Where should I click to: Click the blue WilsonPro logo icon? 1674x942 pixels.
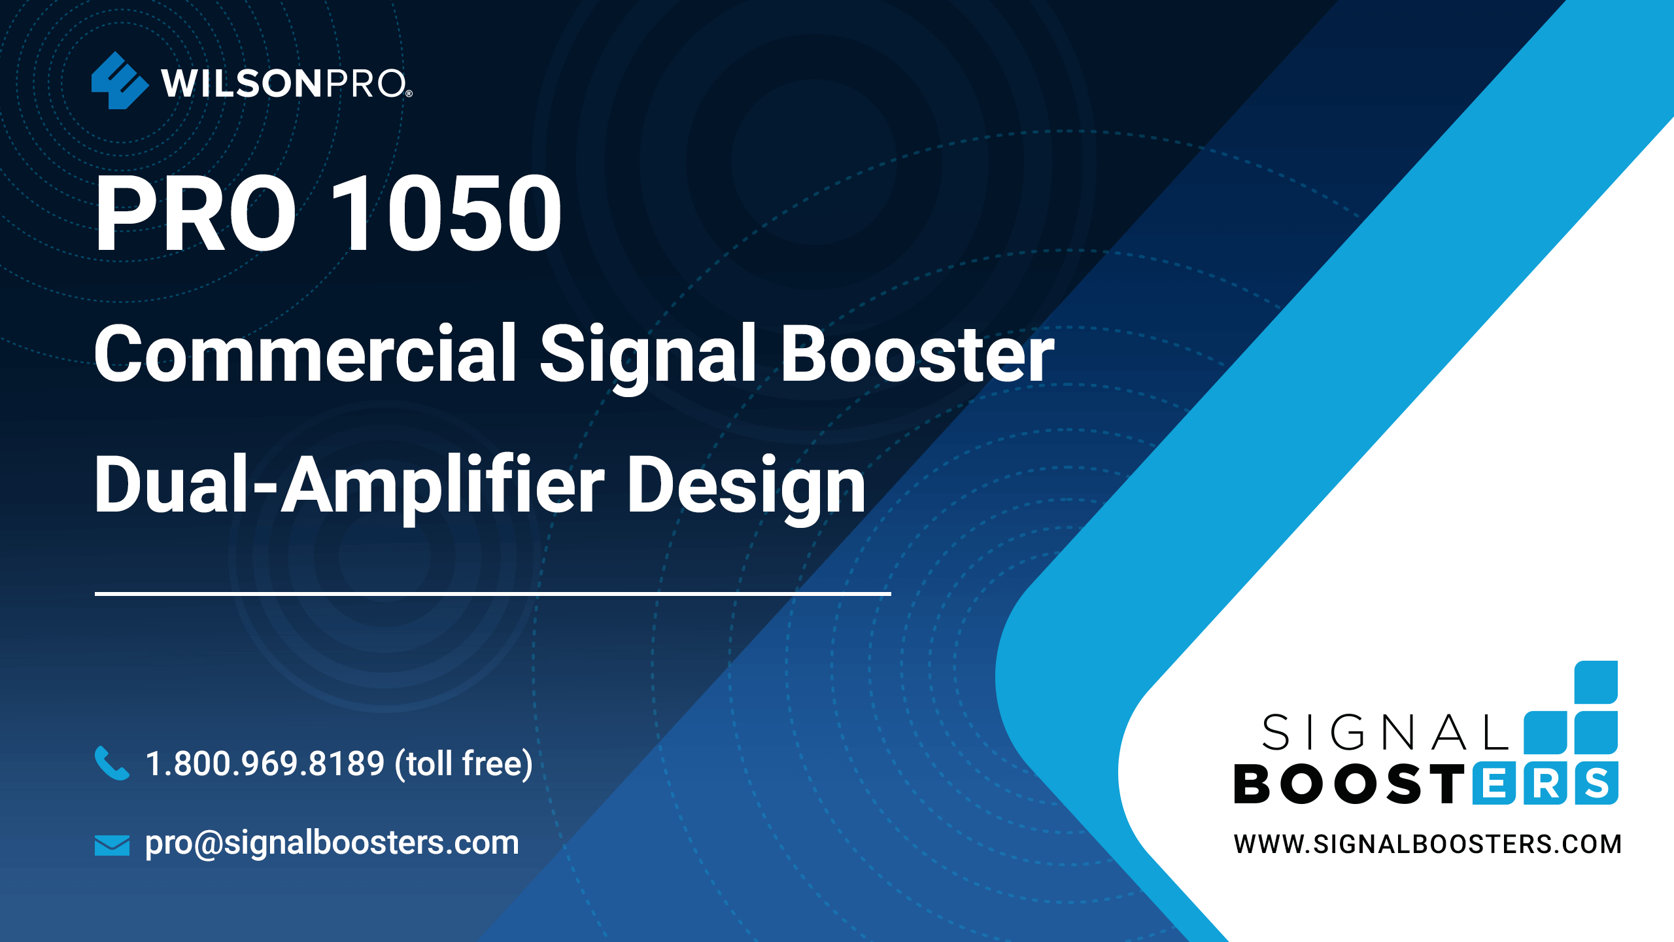point(120,80)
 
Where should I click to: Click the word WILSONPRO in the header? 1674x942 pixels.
point(286,84)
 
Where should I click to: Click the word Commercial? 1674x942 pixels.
point(305,353)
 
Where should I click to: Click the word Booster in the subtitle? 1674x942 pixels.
point(917,354)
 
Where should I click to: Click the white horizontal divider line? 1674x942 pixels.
point(493,593)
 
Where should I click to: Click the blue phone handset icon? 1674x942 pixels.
point(112,763)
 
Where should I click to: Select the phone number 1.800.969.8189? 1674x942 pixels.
point(265,763)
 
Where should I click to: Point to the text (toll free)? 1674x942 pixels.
point(464,764)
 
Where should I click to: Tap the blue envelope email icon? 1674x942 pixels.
point(112,845)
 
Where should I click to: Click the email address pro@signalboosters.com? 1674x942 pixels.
point(332,843)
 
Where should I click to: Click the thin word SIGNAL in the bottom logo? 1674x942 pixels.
point(1386,733)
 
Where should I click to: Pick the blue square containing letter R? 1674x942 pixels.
point(1546,783)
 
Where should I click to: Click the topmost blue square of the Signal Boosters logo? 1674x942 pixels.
point(1596,682)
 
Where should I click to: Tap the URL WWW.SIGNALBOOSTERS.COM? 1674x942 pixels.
point(1427,845)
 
